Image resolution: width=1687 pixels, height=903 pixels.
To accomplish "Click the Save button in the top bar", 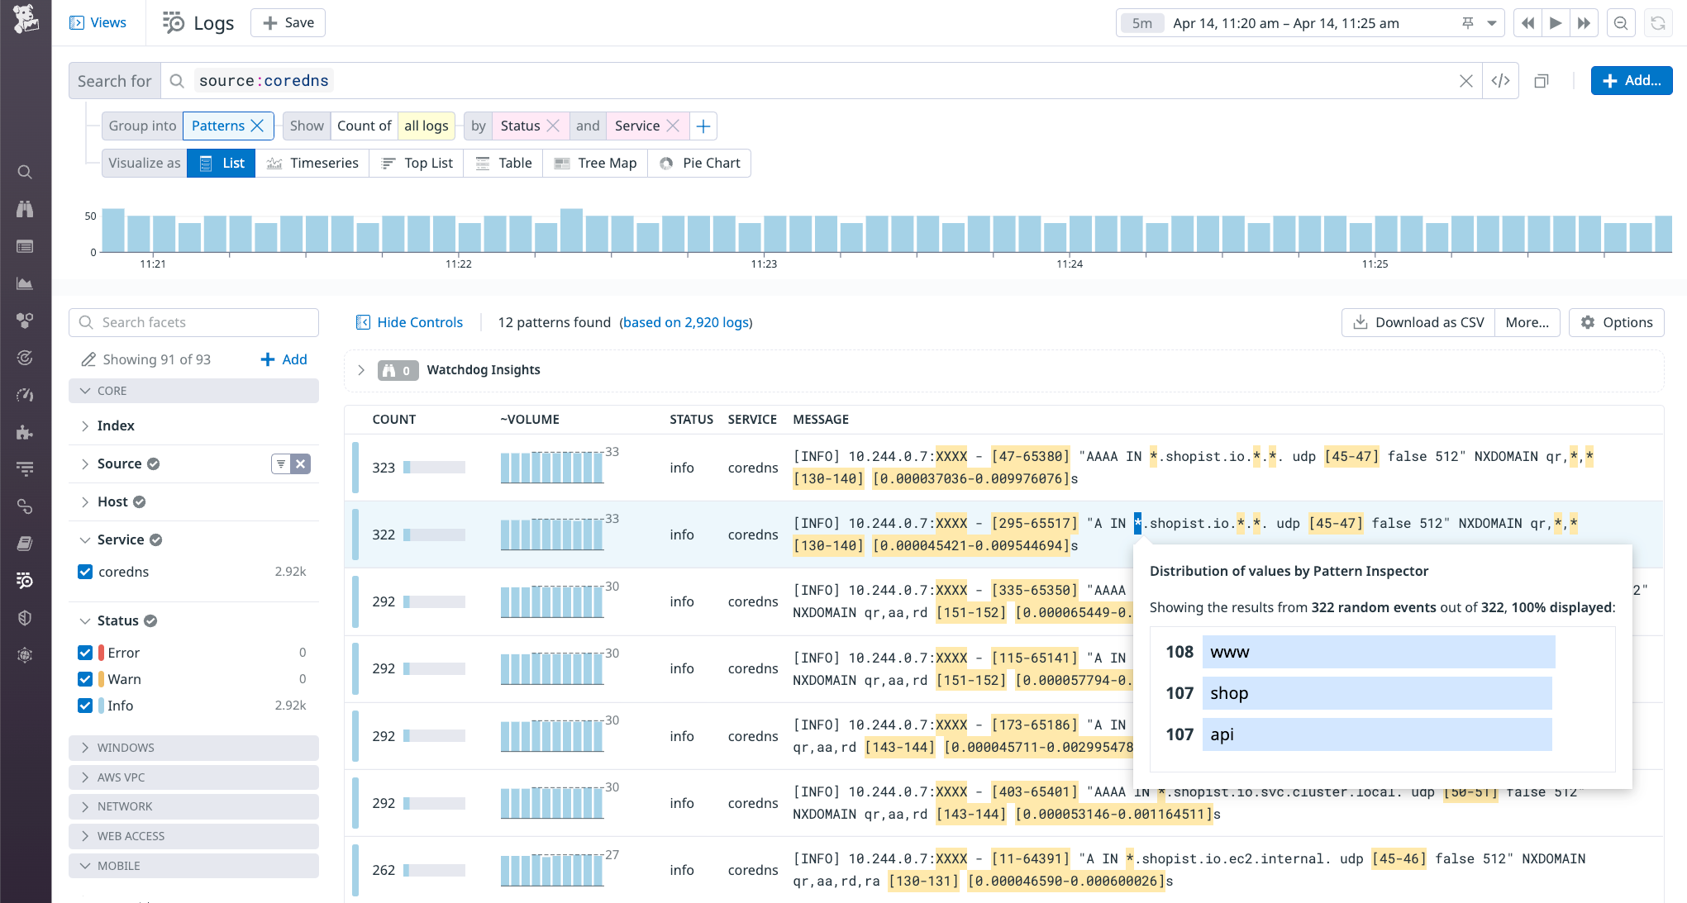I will [288, 23].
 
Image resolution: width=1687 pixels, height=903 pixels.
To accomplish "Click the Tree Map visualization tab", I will [595, 164].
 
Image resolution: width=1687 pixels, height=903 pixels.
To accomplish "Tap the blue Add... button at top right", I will [1631, 81].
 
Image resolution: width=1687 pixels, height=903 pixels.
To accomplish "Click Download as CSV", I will [1418, 322].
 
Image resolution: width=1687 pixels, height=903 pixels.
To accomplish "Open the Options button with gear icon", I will [1617, 322].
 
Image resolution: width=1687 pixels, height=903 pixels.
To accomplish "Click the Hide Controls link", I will [409, 322].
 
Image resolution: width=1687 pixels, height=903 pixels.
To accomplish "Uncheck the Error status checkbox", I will [85, 653].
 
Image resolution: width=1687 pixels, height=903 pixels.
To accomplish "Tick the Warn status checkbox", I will [85, 679].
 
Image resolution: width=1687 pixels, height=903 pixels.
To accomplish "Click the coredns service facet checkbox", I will [85, 572].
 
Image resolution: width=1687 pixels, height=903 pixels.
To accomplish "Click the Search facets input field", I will [194, 322].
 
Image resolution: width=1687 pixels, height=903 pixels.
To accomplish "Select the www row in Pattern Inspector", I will [1378, 652].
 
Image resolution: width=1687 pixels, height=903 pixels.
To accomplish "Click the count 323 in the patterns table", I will [384, 468].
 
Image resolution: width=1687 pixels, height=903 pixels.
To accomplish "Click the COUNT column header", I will [393, 420].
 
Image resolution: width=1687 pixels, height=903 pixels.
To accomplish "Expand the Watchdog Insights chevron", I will [361, 370].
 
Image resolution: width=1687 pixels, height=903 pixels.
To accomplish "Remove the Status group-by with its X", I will [554, 126].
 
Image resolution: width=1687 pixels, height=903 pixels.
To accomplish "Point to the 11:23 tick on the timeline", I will [764, 264].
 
